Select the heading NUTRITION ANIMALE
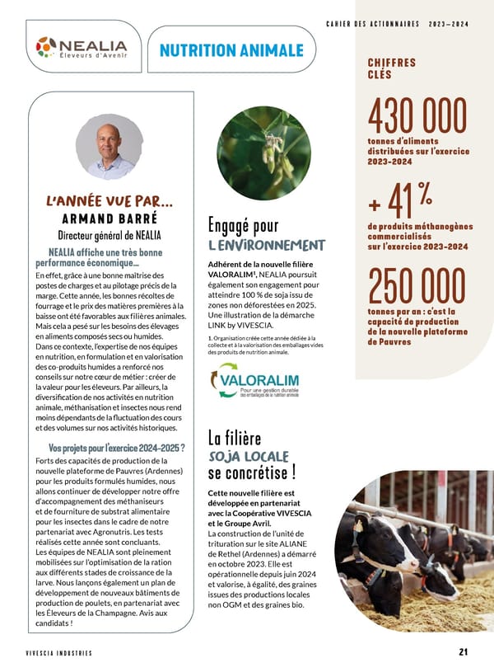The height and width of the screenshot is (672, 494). [231, 50]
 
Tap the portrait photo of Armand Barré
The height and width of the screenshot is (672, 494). [110, 147]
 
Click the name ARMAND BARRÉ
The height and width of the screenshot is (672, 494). [110, 219]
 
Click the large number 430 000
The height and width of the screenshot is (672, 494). [418, 118]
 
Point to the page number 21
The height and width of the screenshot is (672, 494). [464, 652]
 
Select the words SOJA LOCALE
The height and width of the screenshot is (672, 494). [248, 456]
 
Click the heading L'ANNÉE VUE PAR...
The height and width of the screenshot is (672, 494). [110, 200]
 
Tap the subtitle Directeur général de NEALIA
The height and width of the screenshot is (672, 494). [110, 236]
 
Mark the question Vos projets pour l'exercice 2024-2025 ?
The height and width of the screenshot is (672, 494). [115, 448]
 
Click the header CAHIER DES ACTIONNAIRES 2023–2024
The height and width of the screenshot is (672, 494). [397, 23]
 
